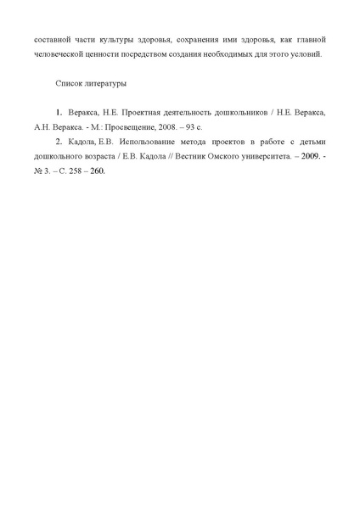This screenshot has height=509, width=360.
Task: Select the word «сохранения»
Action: click(196, 41)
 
